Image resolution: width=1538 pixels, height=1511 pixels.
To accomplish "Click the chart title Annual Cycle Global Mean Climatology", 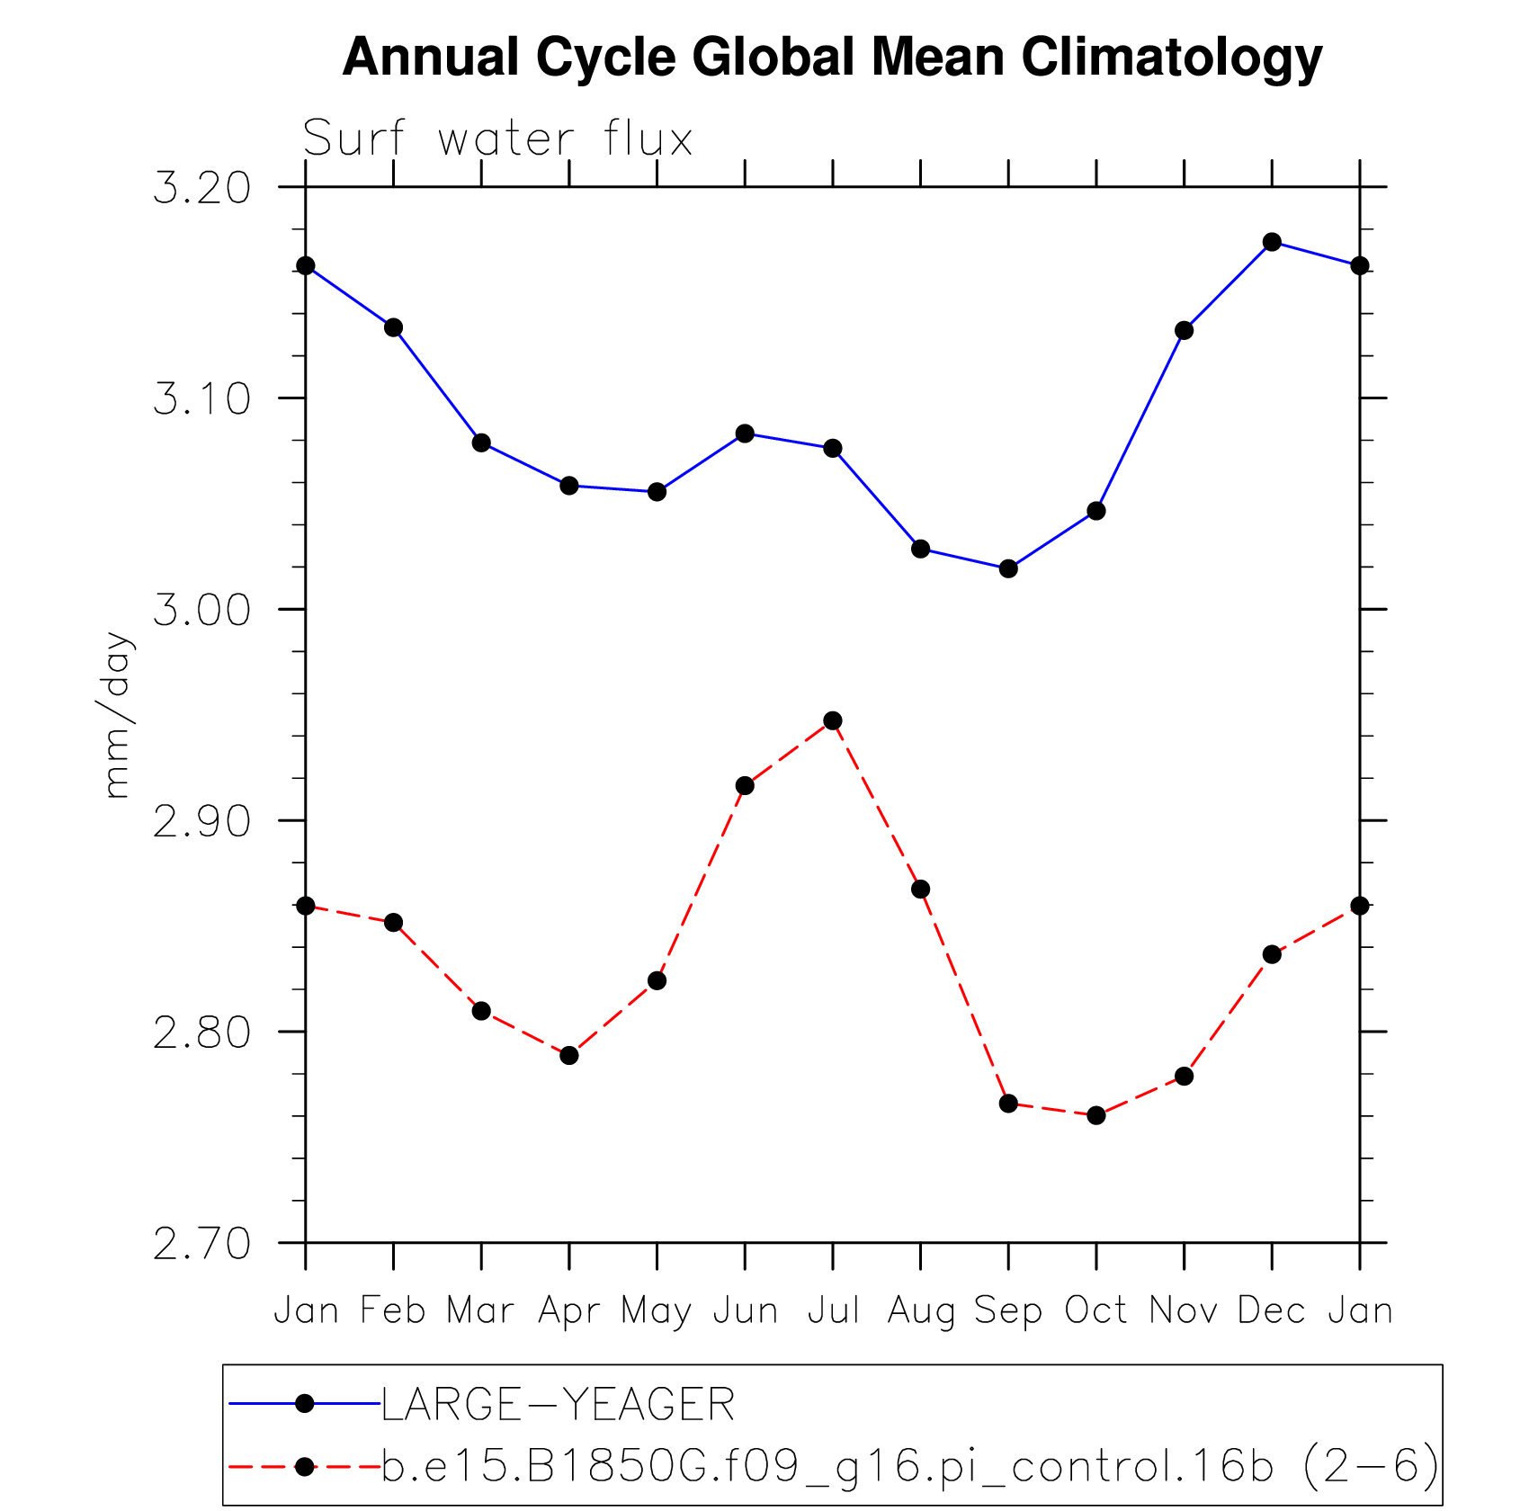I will pyautogui.click(x=832, y=58).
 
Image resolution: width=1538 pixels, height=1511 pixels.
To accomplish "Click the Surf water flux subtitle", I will pyautogui.click(x=497, y=139).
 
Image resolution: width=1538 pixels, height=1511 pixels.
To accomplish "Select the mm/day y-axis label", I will pyautogui.click(x=118, y=715).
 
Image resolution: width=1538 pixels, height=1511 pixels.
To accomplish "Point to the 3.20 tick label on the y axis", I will pyautogui.click(x=201, y=189).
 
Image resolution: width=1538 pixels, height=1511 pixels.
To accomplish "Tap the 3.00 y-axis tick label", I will pyautogui.click(x=201, y=611).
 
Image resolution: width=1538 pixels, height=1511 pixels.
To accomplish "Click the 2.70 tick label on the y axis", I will pyautogui.click(x=201, y=1245).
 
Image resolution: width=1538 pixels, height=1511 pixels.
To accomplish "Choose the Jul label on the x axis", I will pyautogui.click(x=833, y=1310).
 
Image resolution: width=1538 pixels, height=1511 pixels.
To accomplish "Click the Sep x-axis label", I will pyautogui.click(x=1008, y=1310).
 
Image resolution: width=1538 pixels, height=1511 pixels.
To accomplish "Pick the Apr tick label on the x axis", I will pyautogui.click(x=568, y=1311).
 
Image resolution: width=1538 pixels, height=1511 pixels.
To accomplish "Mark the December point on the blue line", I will pyautogui.click(x=1272, y=242).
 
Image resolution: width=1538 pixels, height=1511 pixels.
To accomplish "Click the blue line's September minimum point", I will pyautogui.click(x=1008, y=568).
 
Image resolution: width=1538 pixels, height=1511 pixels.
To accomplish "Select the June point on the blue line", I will pyautogui.click(x=745, y=434).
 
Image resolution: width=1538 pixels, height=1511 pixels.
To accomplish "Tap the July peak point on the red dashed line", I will pyautogui.click(x=833, y=720).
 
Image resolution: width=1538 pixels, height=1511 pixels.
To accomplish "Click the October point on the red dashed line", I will pyautogui.click(x=1096, y=1115).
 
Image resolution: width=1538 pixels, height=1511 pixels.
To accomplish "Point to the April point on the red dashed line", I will pyautogui.click(x=569, y=1055).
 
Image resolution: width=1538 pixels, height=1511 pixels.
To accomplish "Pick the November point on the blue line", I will pyautogui.click(x=1184, y=331).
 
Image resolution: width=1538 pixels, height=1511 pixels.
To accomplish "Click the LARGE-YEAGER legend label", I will pyautogui.click(x=558, y=1405).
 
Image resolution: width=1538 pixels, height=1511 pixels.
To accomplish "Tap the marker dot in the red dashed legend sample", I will pyautogui.click(x=305, y=1467).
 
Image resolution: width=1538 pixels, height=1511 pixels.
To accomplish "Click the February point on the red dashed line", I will pyautogui.click(x=394, y=923).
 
